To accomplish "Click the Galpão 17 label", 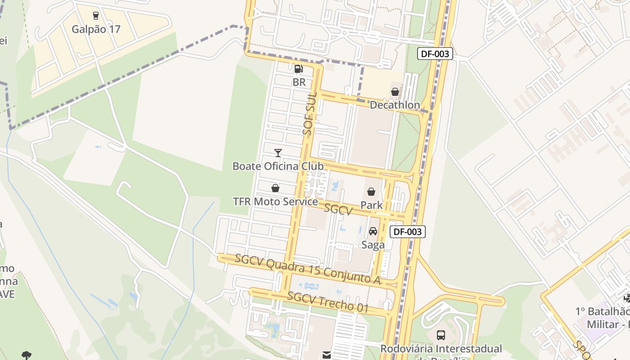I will (96, 29).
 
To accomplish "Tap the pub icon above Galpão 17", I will (95, 16).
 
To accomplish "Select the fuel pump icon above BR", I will (298, 69).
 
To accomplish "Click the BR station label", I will (299, 82).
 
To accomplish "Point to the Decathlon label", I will (395, 105).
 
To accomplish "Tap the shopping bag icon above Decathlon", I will (395, 92).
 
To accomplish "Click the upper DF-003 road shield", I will (435, 54).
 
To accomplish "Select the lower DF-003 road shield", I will (407, 232).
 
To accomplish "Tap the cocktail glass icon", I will (278, 153).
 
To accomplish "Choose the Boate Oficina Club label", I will (278, 166).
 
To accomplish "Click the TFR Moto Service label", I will (275, 201).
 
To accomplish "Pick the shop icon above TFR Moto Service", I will (275, 188).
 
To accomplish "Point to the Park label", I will (371, 205).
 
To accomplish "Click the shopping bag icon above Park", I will (371, 192).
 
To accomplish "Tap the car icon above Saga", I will (373, 231).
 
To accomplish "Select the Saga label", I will (373, 245).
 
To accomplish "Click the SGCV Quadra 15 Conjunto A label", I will (308, 269).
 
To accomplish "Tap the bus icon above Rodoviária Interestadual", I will (441, 335).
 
